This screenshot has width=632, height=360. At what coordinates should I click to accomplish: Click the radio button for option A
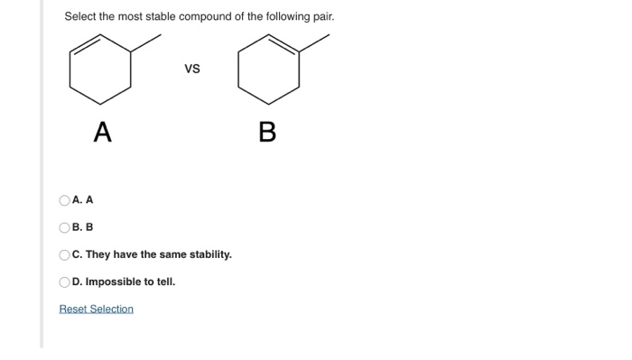point(64,200)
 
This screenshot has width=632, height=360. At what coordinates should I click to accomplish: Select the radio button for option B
point(64,227)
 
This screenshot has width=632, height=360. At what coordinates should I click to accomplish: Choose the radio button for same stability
point(64,254)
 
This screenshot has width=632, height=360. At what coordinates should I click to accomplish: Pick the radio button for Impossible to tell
point(64,282)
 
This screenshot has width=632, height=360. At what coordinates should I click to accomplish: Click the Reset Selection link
point(96,309)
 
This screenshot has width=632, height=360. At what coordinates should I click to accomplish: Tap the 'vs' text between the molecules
point(191,69)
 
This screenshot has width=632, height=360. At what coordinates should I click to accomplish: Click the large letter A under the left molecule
point(102,134)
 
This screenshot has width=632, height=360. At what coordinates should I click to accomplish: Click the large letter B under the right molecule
point(266,134)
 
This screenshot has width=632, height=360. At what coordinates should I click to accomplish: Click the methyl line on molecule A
point(146,43)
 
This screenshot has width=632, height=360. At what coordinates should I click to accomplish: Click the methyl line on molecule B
point(314,43)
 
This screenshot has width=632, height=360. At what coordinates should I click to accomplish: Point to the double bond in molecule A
point(86,44)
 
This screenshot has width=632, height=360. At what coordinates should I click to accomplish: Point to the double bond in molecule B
point(283,44)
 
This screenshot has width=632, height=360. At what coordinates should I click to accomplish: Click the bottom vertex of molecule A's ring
point(101,103)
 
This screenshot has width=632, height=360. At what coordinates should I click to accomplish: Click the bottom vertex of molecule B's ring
point(269,103)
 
